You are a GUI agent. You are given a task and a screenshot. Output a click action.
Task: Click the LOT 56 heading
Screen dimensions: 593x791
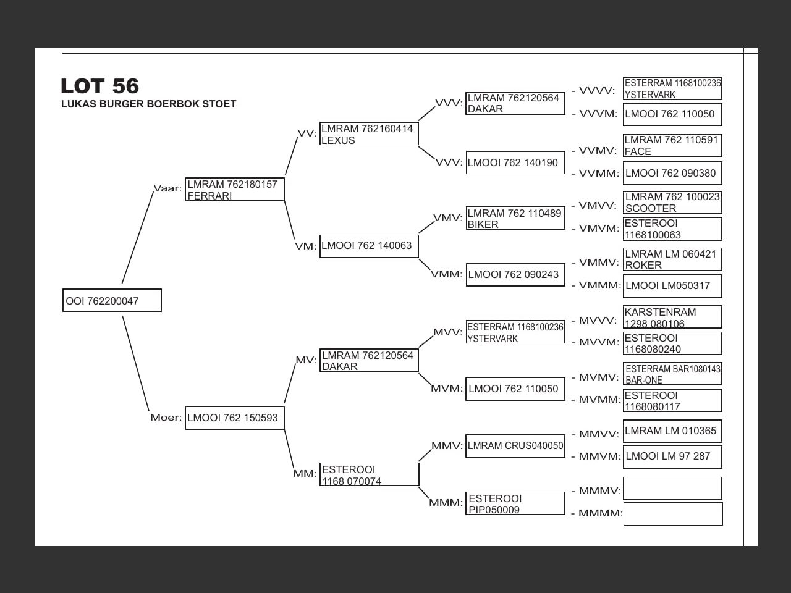(100, 86)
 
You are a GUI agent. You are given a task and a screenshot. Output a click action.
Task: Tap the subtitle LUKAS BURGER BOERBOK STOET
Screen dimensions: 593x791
(148, 104)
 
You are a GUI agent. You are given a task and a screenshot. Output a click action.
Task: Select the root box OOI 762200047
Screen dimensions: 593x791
(112, 301)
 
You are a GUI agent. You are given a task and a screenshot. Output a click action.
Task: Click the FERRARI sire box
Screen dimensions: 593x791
(235, 190)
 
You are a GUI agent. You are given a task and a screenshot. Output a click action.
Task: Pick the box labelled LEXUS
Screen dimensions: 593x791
(369, 134)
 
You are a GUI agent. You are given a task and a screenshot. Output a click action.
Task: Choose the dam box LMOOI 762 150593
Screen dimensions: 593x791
(235, 418)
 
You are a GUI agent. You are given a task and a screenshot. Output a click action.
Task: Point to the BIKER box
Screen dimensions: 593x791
(515, 219)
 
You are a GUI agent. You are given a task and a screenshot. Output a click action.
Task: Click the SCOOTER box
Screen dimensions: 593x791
(672, 203)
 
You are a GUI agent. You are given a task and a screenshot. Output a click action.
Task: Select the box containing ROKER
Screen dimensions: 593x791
(672, 259)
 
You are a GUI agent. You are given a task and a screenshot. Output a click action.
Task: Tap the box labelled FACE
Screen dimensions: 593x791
(672, 146)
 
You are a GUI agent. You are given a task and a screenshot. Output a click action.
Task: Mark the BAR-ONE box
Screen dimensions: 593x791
(672, 374)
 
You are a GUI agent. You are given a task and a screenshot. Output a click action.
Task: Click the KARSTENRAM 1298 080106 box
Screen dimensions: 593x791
(672, 318)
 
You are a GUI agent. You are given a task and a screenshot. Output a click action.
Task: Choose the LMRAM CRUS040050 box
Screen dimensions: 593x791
(515, 446)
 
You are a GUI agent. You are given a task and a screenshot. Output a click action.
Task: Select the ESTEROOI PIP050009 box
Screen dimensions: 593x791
(515, 503)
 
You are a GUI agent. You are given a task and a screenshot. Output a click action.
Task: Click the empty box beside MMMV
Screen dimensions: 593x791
(672, 489)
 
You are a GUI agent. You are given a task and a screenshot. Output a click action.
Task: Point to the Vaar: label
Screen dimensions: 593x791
(167, 188)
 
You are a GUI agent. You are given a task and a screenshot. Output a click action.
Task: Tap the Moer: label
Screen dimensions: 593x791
(166, 418)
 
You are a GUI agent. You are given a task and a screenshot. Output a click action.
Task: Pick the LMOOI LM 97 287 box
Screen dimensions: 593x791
(672, 456)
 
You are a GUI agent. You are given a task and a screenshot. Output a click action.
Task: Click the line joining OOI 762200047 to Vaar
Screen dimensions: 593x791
(137, 238)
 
